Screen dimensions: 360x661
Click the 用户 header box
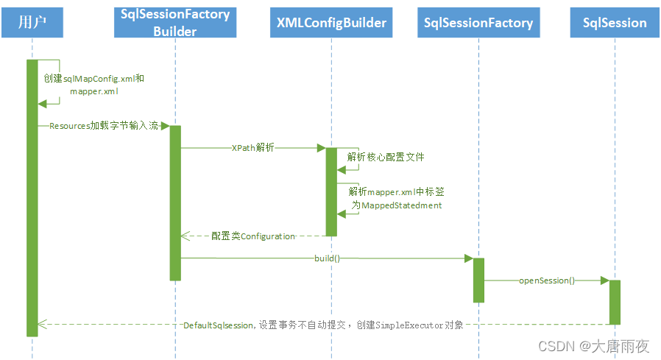pos(32,23)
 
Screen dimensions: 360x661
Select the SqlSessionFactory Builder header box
pos(175,23)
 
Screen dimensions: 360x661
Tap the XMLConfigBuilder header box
pos(331,23)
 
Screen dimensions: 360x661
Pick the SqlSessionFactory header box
pos(478,23)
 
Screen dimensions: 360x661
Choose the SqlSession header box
pos(614,23)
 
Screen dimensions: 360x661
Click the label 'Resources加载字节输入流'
pos(104,126)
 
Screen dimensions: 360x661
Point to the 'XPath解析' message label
pos(252,148)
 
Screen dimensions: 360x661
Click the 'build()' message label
pos(327,258)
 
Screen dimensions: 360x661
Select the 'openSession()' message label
pos(547,280)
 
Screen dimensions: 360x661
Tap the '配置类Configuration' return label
pos(253,236)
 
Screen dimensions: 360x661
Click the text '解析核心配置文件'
pos(386,158)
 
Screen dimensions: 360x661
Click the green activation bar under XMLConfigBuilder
pos(331,191)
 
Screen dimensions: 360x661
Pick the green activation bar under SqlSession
pos(615,302)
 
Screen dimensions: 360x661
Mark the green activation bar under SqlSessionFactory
pos(478,280)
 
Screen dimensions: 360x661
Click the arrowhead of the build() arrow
pos(468,258)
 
